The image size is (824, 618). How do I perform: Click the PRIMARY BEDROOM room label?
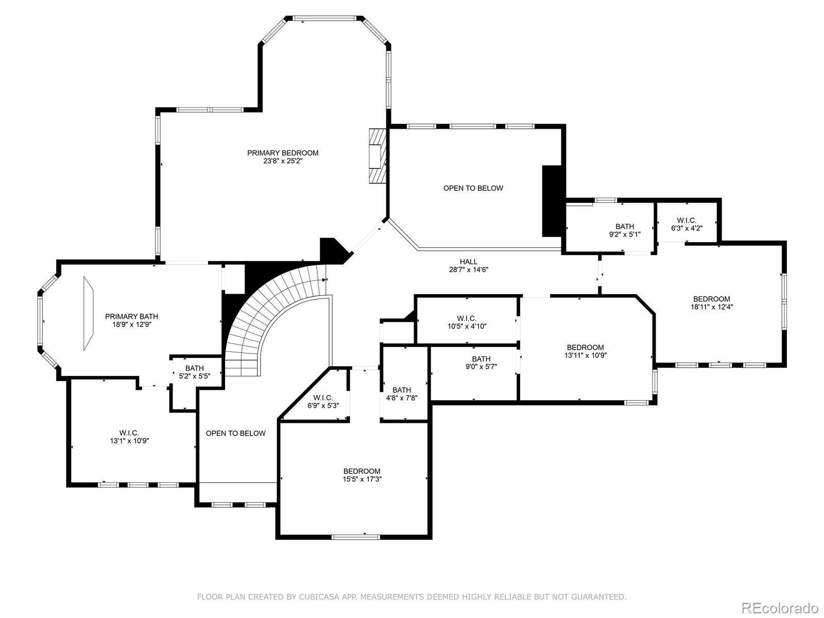click(283, 153)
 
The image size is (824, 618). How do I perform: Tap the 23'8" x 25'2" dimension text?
click(283, 161)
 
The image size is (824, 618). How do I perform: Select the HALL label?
click(469, 262)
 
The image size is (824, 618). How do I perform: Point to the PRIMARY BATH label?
click(131, 316)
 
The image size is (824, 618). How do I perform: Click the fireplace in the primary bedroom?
click(377, 156)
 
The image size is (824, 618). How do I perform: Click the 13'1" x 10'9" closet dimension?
click(129, 441)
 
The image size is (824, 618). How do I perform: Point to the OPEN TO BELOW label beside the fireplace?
click(473, 188)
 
